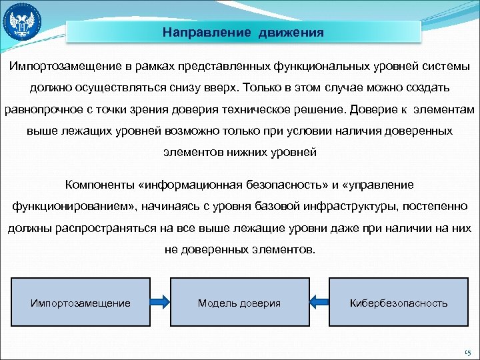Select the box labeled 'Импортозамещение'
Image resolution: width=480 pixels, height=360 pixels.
[x=81, y=303]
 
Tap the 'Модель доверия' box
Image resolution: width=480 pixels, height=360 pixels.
[x=239, y=303]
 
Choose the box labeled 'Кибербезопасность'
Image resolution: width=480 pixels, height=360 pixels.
[x=399, y=303]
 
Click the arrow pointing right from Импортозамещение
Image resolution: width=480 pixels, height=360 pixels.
[x=159, y=303]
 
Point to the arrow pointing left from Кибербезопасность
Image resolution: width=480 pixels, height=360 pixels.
[x=319, y=303]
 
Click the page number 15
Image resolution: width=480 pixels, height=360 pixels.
[x=466, y=351]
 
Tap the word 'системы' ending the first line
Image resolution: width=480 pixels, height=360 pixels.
[x=445, y=67]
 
